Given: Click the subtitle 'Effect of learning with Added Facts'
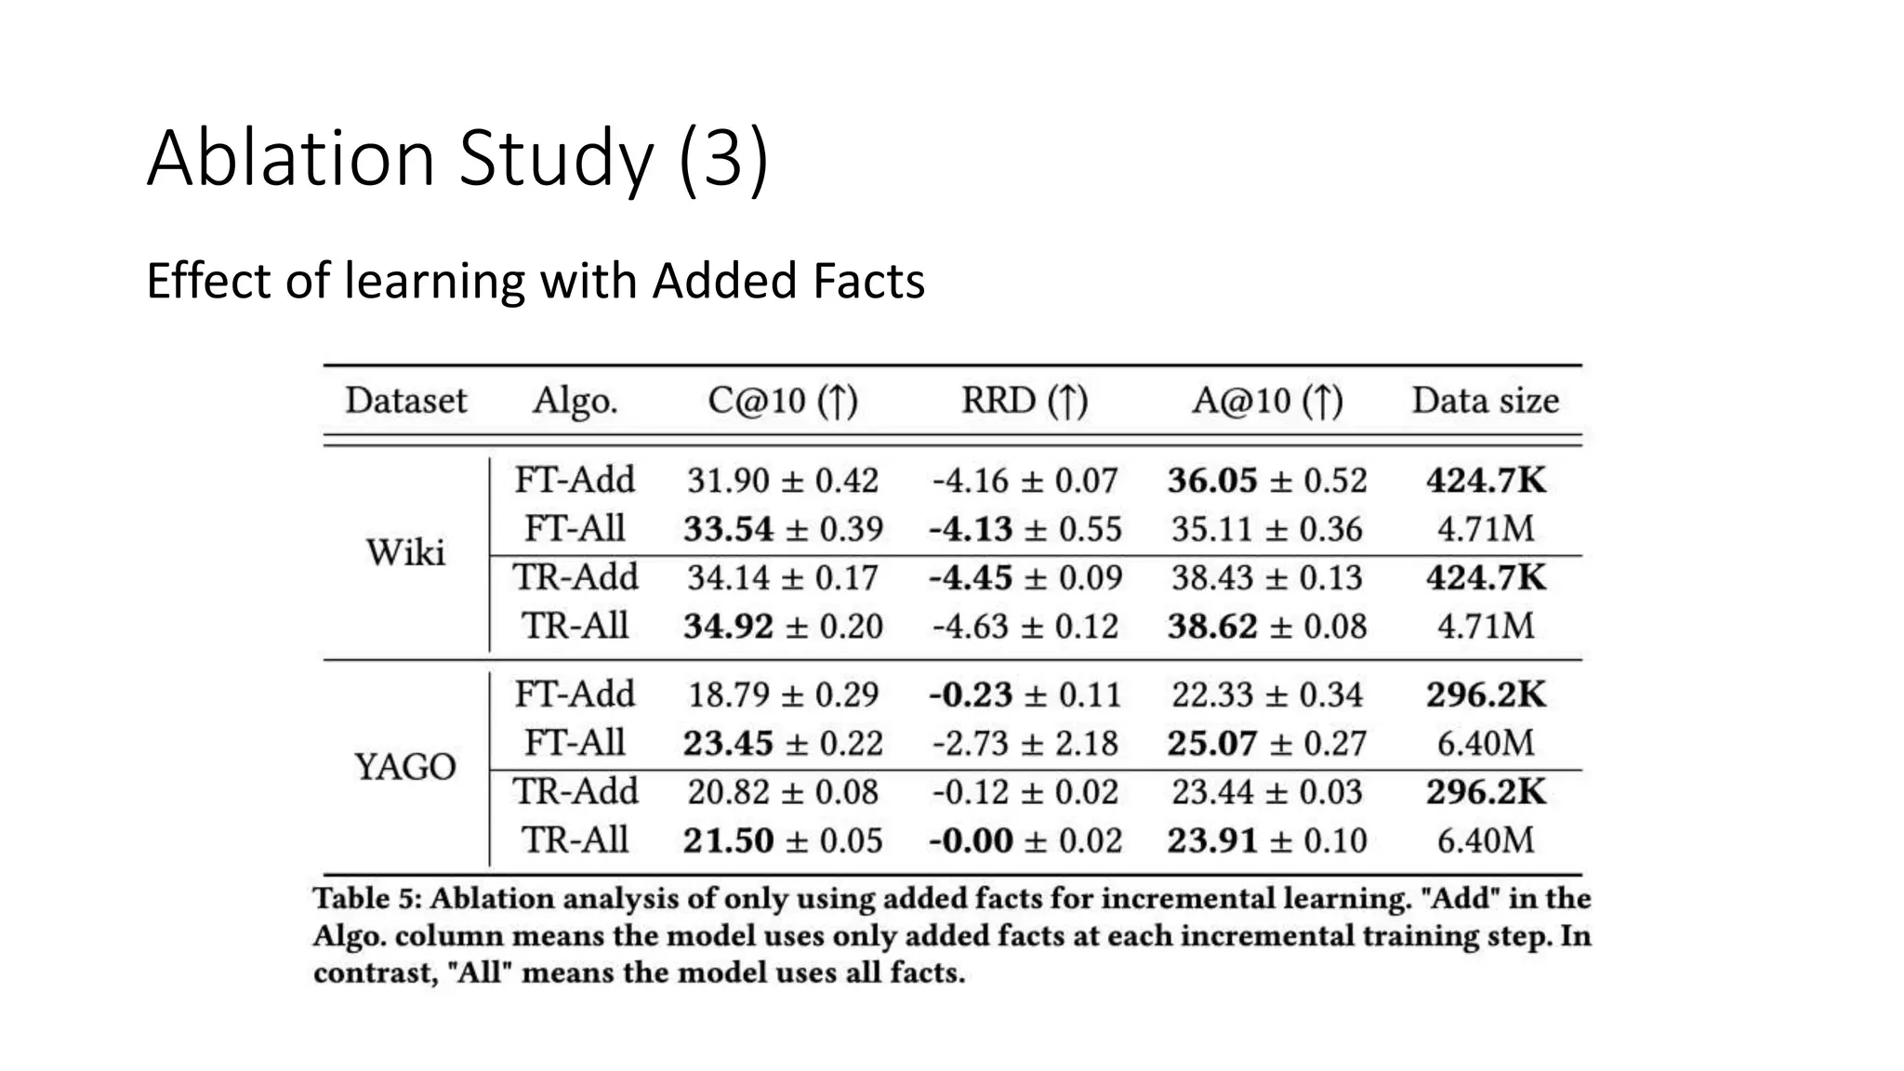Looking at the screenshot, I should pyautogui.click(x=535, y=281).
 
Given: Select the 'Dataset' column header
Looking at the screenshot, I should pyautogui.click(x=405, y=401).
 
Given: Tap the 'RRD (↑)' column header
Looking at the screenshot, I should pyautogui.click(x=1025, y=401).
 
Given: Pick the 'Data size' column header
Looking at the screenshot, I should pyautogui.click(x=1485, y=401).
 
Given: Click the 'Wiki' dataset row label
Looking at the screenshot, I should pyautogui.click(x=405, y=552).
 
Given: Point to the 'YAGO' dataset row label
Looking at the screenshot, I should pyautogui.click(x=405, y=767).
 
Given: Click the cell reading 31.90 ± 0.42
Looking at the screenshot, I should pyautogui.click(x=783, y=481).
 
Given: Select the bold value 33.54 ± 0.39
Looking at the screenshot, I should pyautogui.click(x=783, y=529).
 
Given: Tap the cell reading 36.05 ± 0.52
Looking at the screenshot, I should pyautogui.click(x=1267, y=481).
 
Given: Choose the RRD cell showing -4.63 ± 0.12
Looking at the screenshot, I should pyautogui.click(x=1025, y=626).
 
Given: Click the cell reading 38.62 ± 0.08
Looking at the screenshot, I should pyautogui.click(x=1267, y=626).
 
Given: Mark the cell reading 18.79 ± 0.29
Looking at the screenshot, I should pyautogui.click(x=783, y=694).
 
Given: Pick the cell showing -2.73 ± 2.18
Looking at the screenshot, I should pyautogui.click(x=1025, y=743).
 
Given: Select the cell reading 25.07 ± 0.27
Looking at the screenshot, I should pyautogui.click(x=1267, y=743).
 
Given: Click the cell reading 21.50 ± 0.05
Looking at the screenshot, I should pyautogui.click(x=783, y=840).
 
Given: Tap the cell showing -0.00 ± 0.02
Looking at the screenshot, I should pyautogui.click(x=1025, y=840).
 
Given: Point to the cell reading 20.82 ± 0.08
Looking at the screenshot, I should pyautogui.click(x=783, y=792).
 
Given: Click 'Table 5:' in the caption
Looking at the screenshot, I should pyautogui.click(x=367, y=899).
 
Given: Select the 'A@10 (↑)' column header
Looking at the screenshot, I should pyautogui.click(x=1267, y=401).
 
